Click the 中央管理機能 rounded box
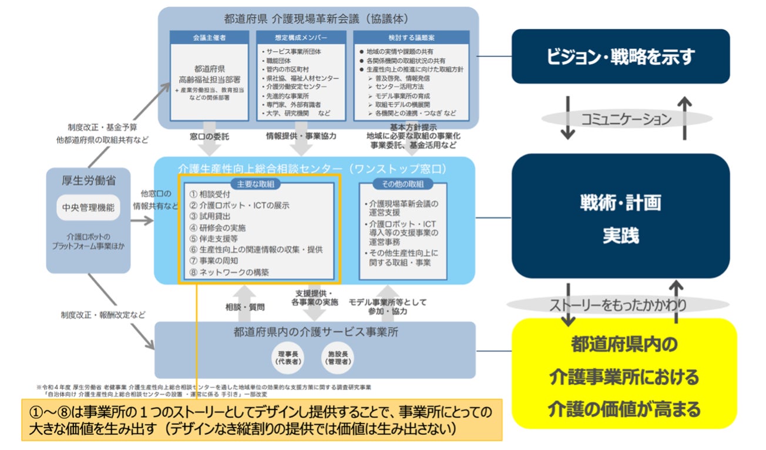pyautogui.click(x=88, y=207)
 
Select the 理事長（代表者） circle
pyautogui.click(x=288, y=358)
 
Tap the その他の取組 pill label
pyautogui.click(x=402, y=184)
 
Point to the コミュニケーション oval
pyautogui.click(x=626, y=119)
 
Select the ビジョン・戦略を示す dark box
pyautogui.click(x=621, y=56)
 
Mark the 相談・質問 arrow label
pyautogui.click(x=245, y=307)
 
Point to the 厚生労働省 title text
pyautogui.click(x=88, y=182)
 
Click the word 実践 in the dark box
pyautogui.click(x=620, y=236)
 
